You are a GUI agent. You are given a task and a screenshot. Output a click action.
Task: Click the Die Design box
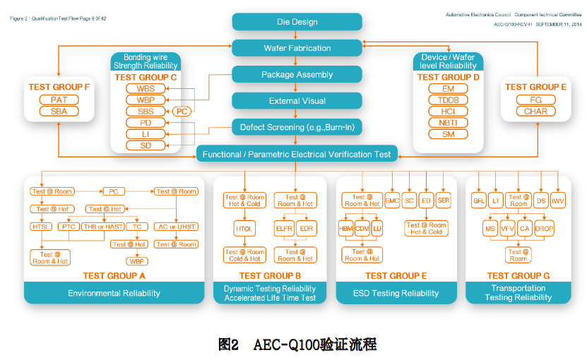[x=297, y=22]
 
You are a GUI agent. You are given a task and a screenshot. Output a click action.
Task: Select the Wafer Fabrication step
[x=297, y=48]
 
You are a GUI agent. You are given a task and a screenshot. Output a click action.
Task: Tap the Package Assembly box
[x=297, y=74]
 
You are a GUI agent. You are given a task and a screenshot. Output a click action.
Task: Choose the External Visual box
[x=297, y=100]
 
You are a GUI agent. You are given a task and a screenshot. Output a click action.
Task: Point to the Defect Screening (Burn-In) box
[x=297, y=127]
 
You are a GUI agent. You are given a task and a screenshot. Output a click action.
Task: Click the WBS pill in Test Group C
[x=146, y=89]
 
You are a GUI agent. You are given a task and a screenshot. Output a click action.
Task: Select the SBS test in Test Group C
[x=146, y=112]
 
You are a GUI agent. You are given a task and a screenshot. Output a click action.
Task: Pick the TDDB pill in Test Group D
[x=448, y=100]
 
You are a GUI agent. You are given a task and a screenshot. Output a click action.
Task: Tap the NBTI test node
[x=448, y=123]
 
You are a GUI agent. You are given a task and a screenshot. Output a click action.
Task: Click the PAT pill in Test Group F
[x=59, y=100]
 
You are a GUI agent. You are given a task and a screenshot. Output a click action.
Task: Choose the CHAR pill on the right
[x=535, y=112]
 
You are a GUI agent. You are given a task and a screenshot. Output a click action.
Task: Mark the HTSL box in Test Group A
[x=42, y=227]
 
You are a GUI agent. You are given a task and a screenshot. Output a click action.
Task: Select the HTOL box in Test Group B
[x=244, y=229]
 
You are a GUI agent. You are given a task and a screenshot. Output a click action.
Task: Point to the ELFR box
[x=285, y=229]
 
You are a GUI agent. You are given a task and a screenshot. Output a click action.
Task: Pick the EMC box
[x=392, y=201]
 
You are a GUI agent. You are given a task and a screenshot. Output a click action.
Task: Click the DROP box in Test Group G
[x=545, y=229]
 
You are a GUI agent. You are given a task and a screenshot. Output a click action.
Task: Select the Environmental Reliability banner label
[x=114, y=293]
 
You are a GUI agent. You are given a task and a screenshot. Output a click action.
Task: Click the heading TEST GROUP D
[x=448, y=77]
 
